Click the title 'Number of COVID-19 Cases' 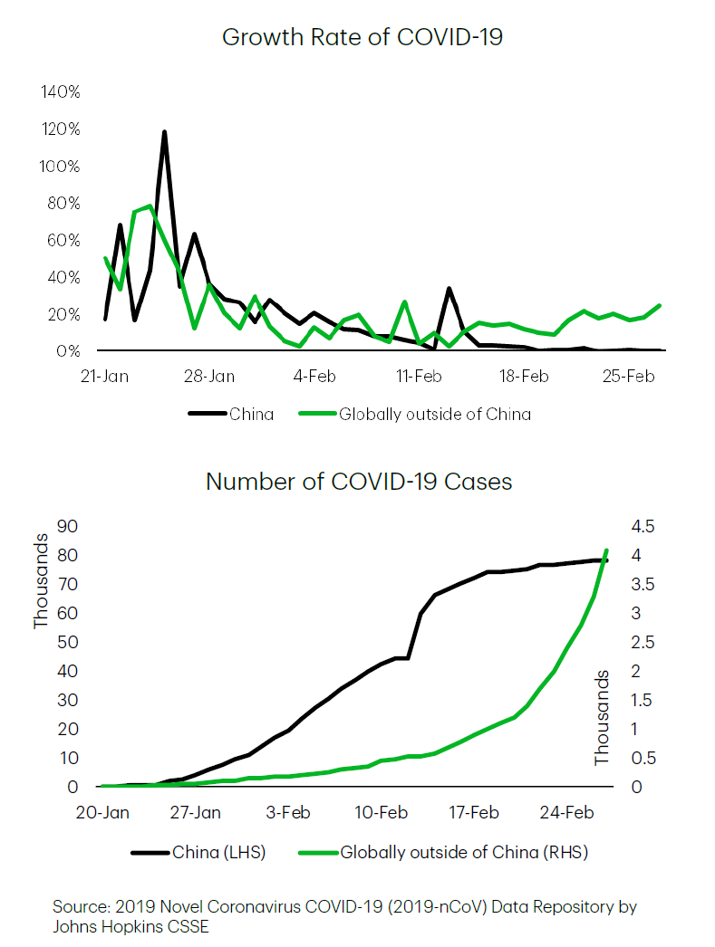tap(359, 481)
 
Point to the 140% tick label tap(61, 92)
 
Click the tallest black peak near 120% tap(164, 132)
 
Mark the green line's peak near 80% tap(150, 206)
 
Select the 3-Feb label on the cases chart tap(290, 812)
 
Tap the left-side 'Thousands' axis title tap(42, 580)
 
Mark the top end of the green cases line tap(605, 550)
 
